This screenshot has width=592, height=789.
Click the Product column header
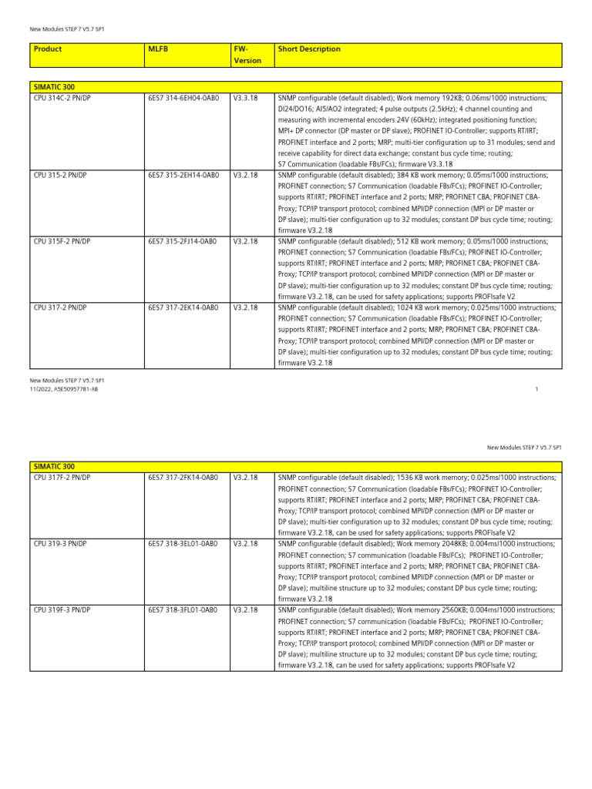(x=48, y=49)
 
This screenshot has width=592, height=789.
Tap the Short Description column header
(x=309, y=49)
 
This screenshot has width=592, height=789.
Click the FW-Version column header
(x=247, y=55)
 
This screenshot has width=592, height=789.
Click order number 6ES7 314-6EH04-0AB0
(x=183, y=99)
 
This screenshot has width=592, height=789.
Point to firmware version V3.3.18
(x=245, y=99)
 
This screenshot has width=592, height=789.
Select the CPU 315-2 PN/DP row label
(x=60, y=176)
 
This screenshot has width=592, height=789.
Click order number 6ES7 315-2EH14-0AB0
(x=183, y=176)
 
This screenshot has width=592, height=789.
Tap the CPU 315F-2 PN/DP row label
(x=62, y=241)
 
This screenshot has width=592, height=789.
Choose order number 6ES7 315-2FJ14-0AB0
(x=183, y=241)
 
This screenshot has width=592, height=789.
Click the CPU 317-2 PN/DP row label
(x=60, y=307)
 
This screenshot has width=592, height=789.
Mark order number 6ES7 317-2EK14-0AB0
(x=183, y=307)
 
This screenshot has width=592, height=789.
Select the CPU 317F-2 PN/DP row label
(x=62, y=478)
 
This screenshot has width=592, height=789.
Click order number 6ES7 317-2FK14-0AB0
(x=183, y=478)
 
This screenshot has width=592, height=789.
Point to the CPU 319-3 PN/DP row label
(x=60, y=543)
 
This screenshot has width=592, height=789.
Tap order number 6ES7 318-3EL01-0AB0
(x=183, y=543)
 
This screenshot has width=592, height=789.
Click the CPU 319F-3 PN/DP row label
(x=62, y=609)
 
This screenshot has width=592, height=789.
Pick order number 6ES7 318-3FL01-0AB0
(x=183, y=609)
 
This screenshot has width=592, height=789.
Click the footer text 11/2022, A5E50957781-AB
(x=64, y=389)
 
